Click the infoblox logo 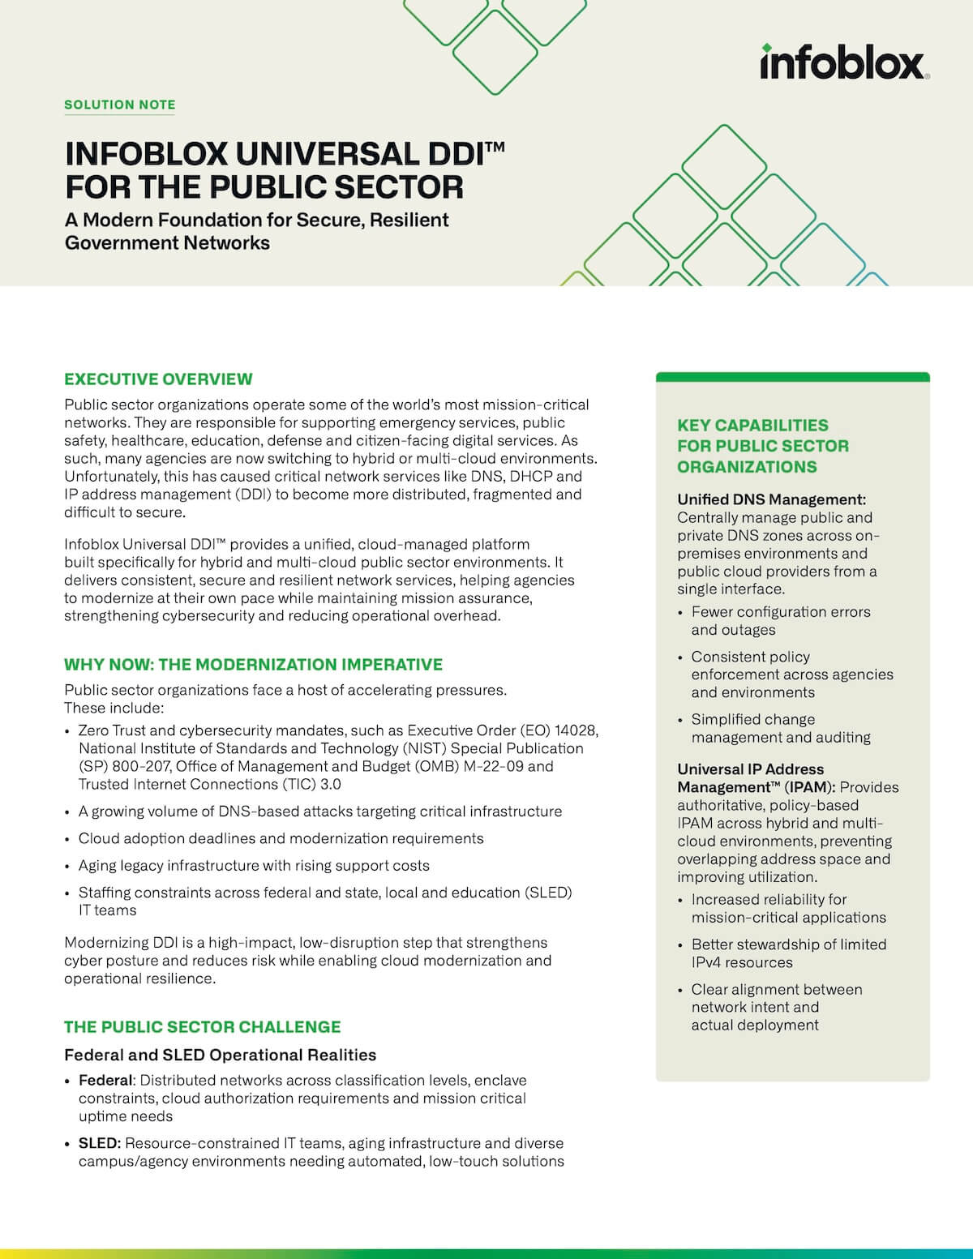tap(844, 62)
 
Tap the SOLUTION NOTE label tap(120, 105)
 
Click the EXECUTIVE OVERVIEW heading tap(158, 379)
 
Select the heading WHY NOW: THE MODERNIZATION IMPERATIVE tap(253, 664)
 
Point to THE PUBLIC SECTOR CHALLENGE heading tap(202, 1026)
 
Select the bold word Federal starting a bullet tap(105, 1080)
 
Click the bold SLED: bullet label tap(100, 1143)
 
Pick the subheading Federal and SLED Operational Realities tap(220, 1055)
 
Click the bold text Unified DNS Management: tap(771, 499)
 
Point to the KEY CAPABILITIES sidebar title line tap(752, 425)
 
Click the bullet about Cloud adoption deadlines tap(281, 838)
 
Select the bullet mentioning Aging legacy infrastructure tap(254, 865)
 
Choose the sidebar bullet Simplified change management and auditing tap(780, 728)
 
